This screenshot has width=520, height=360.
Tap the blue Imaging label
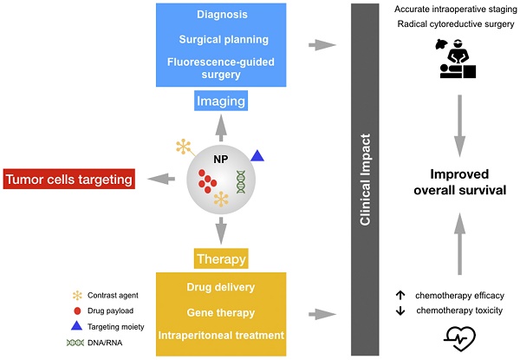pyautogui.click(x=220, y=102)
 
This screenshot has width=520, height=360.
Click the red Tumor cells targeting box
pyautogui.click(x=69, y=180)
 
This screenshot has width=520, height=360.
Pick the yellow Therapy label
pyautogui.click(x=220, y=259)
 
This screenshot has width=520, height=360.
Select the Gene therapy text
pyautogui.click(x=220, y=311)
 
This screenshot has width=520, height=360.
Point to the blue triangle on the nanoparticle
pyautogui.click(x=257, y=155)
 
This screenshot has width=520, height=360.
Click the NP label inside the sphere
pyautogui.click(x=222, y=159)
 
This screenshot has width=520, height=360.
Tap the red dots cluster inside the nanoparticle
pyautogui.click(x=207, y=182)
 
